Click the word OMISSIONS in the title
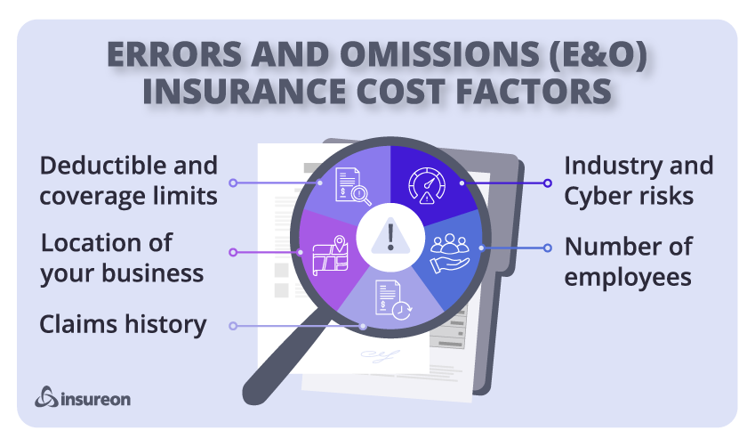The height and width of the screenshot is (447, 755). coord(439,53)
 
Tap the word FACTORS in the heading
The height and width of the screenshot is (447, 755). coord(534,91)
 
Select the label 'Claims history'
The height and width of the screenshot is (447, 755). coord(123,324)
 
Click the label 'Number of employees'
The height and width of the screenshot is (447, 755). coord(629,262)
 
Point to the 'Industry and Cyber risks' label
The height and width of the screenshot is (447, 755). coord(639,181)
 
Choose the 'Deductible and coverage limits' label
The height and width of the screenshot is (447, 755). coord(129,181)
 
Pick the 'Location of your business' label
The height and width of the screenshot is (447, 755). coord(122,258)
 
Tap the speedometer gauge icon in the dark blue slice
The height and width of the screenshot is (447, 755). coord(427,185)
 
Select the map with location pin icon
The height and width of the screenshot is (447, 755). coord(330,256)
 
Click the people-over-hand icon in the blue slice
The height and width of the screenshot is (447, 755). coord(450,254)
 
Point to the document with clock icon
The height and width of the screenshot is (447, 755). coord(393,300)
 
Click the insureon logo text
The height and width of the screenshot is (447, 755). coord(95,399)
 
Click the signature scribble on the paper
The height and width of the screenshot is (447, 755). coord(381,356)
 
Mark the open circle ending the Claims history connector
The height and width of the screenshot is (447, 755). coord(233,326)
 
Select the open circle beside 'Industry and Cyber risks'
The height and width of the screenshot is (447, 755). coord(548,183)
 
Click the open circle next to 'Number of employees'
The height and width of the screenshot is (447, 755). coord(548,248)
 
